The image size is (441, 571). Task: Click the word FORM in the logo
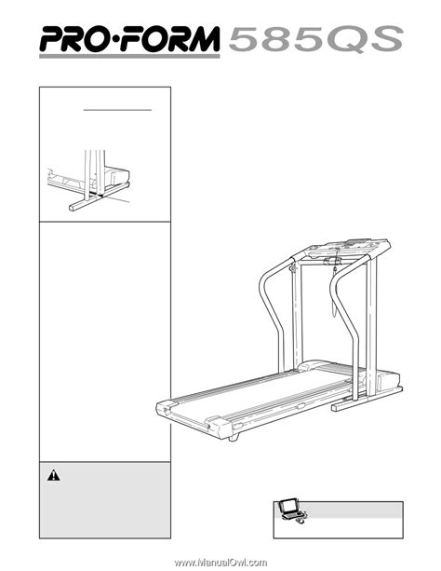tap(170, 38)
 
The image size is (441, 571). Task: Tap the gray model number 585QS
tap(315, 38)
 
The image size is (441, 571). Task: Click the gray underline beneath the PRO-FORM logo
tap(129, 56)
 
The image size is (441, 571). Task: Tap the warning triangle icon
tap(53, 475)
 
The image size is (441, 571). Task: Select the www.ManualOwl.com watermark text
tap(220, 563)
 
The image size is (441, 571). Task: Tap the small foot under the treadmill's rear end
tap(234, 437)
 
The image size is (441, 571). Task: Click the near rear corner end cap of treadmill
tap(219, 426)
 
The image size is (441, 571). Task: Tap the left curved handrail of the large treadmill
tap(270, 309)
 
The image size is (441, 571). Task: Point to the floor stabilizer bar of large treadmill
tap(367, 399)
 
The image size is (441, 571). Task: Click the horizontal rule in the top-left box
tap(117, 110)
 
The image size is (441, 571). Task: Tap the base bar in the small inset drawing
tap(99, 197)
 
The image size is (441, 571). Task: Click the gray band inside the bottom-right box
tap(352, 510)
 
